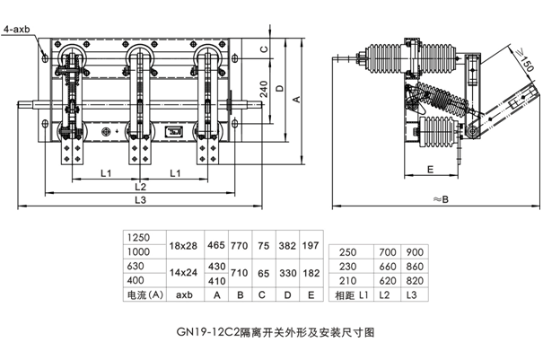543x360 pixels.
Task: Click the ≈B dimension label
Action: click(440, 199)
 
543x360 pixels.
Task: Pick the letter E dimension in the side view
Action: click(430, 169)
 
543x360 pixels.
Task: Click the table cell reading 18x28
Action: click(185, 245)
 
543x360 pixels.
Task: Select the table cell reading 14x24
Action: click(185, 273)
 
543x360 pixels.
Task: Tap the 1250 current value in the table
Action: click(140, 238)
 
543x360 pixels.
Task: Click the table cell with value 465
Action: click(216, 245)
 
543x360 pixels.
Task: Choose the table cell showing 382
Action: click(286, 245)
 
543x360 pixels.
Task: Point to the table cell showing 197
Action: click(311, 245)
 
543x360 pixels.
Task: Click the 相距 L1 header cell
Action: click(352, 294)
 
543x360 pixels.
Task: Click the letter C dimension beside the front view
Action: click(264, 48)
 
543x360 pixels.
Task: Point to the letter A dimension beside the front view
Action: click(295, 101)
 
